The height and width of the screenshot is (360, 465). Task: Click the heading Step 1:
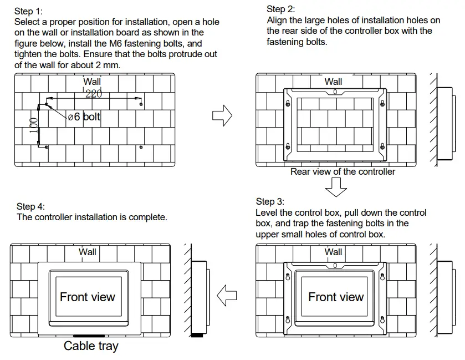(28, 11)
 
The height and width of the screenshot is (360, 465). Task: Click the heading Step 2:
(281, 9)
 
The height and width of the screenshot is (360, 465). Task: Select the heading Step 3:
(270, 201)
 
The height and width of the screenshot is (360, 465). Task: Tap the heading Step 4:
(30, 206)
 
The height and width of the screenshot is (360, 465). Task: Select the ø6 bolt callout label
(84, 117)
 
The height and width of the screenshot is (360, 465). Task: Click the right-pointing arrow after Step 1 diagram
(222, 116)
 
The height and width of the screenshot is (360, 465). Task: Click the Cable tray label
(91, 346)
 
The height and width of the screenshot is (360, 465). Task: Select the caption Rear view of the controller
(343, 172)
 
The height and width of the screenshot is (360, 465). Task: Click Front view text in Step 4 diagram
(88, 297)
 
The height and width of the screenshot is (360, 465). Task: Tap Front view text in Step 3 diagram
(336, 297)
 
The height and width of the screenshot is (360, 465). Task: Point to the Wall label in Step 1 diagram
(92, 82)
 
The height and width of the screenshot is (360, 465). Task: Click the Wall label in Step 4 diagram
(87, 252)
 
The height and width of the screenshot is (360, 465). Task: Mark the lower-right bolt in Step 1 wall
(142, 147)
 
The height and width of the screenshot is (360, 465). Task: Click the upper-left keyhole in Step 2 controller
(288, 104)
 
